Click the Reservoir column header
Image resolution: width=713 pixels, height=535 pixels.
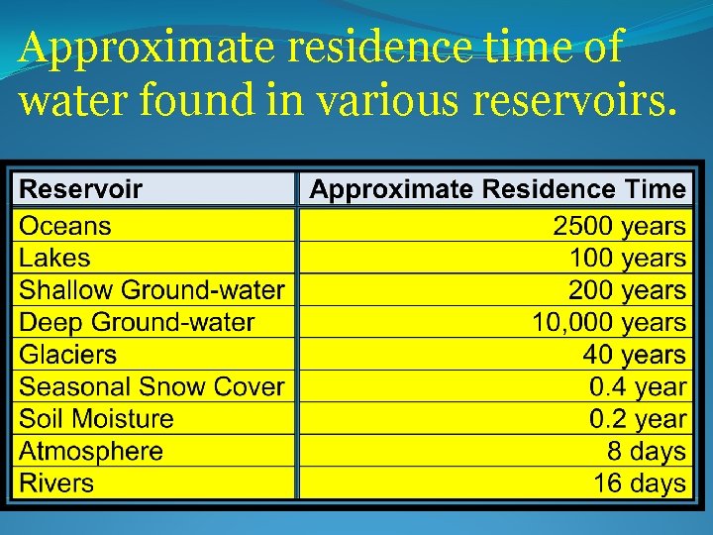(81, 188)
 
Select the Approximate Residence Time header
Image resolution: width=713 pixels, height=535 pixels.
(497, 188)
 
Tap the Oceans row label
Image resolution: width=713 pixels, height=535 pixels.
(65, 226)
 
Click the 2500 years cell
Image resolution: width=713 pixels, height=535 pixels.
(619, 226)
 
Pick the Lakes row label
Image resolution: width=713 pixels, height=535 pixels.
(54, 259)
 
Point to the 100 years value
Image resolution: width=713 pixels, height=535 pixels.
(627, 259)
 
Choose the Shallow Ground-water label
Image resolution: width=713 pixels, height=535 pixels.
(152, 290)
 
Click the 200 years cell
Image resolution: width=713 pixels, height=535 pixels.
(627, 290)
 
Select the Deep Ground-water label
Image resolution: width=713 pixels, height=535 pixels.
(137, 323)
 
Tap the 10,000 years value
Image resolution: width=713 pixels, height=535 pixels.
(609, 323)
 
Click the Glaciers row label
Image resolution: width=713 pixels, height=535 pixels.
(67, 355)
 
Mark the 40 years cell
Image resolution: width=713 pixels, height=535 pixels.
(634, 355)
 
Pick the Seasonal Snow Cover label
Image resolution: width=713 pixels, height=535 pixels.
(152, 387)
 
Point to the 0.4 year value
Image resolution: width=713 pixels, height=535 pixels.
(637, 387)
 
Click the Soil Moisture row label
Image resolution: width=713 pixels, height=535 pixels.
(96, 419)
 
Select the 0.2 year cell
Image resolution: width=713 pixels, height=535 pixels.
(637, 419)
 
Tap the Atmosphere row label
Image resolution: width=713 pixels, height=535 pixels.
(91, 452)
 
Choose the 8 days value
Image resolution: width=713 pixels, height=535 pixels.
(646, 452)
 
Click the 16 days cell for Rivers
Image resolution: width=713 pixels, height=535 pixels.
(639, 483)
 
